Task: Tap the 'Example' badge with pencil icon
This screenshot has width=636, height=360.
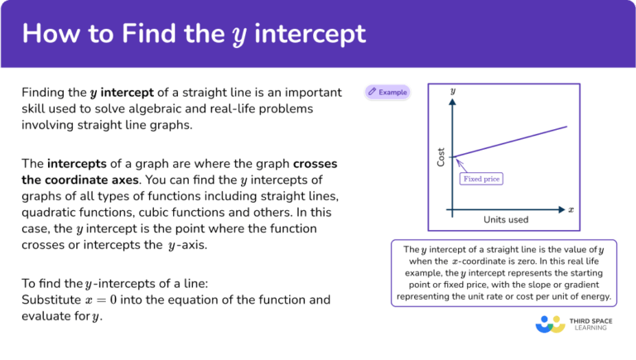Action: click(388, 92)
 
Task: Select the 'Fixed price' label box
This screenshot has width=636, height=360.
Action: click(482, 178)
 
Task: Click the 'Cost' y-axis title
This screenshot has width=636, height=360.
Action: click(441, 156)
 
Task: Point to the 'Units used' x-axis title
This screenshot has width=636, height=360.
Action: click(506, 219)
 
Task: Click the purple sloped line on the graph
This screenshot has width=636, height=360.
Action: click(513, 141)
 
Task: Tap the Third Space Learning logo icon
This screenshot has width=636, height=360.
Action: click(550, 324)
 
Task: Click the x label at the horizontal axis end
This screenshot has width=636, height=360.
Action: click(571, 210)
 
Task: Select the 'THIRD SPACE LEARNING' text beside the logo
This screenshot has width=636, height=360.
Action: click(590, 324)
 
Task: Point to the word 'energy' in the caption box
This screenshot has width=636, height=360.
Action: click(593, 296)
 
